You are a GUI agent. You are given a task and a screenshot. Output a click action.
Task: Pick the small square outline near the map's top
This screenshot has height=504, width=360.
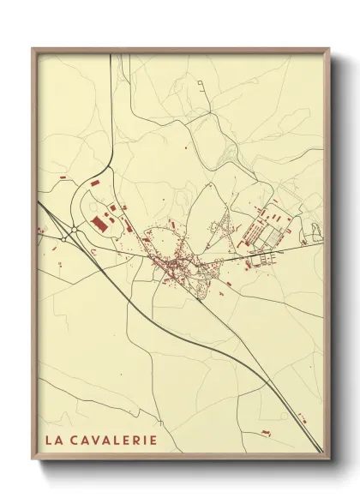[x=200, y=83]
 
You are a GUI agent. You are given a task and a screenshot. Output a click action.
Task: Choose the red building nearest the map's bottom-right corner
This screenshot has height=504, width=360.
[x=301, y=417]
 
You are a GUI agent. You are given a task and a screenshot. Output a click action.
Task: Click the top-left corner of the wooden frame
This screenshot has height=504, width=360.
[x=33, y=49]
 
